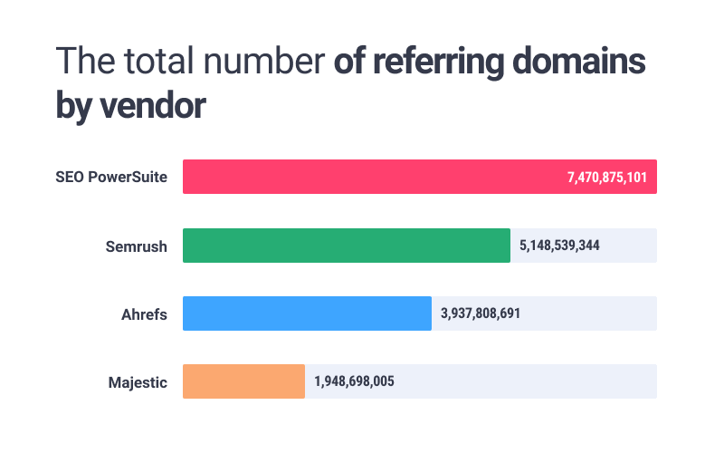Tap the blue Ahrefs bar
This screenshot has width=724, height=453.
[x=307, y=313]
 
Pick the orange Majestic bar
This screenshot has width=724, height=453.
[x=243, y=381]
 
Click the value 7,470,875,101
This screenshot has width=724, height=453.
[x=607, y=177]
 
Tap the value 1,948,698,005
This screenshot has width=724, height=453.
[x=354, y=381]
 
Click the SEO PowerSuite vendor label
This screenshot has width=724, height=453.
[x=111, y=177]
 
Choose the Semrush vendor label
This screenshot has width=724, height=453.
[x=136, y=246]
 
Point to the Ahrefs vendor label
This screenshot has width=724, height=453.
[x=144, y=313]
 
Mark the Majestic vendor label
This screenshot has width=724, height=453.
[x=138, y=381]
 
